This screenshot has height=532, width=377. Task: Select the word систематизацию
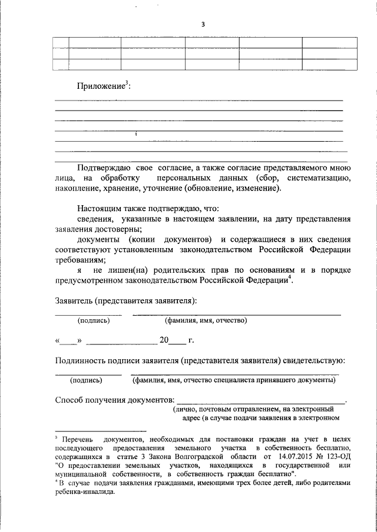pyautogui.click(x=319, y=178)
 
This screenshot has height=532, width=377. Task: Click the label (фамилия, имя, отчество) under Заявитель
pyautogui.click(x=206, y=321)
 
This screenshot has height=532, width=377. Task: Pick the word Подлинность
pyautogui.click(x=84, y=360)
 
